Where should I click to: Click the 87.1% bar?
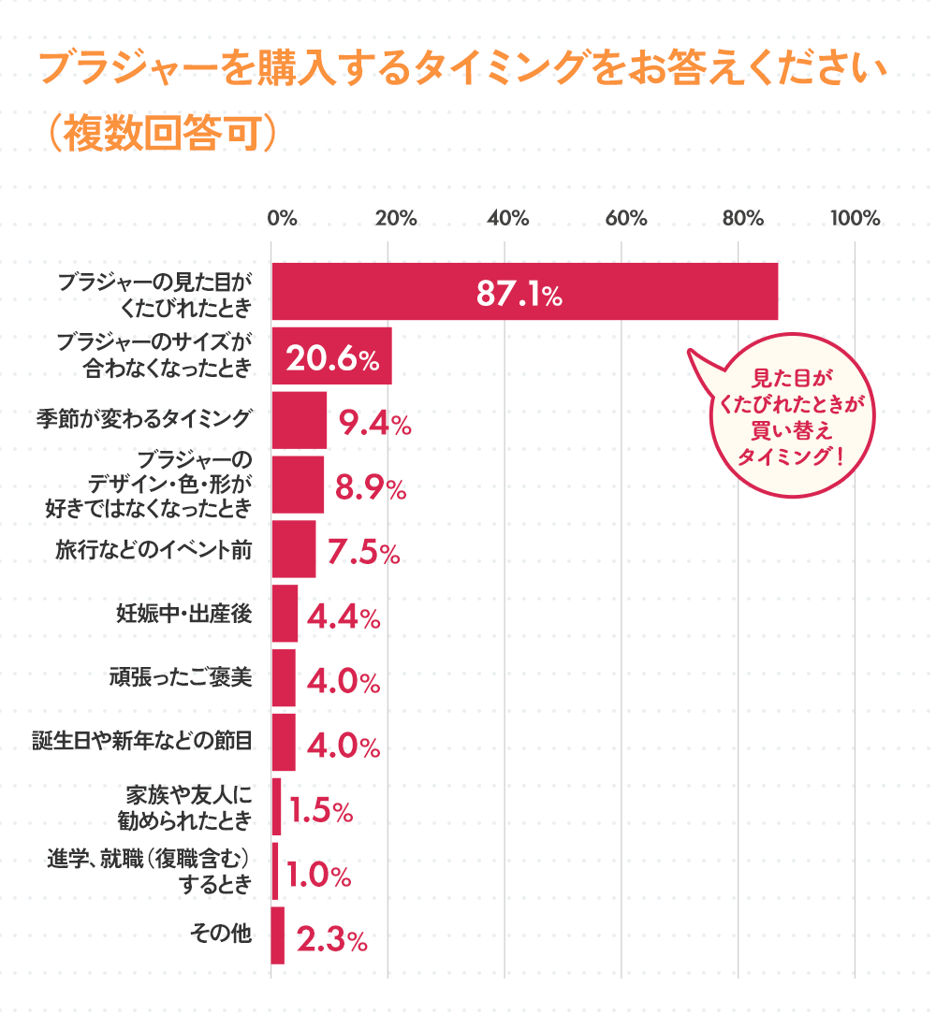[x=524, y=292]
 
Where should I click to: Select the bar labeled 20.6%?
[x=331, y=356]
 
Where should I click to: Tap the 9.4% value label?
[x=374, y=425]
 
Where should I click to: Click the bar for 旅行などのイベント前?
[x=293, y=549]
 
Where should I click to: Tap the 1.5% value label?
[x=320, y=810]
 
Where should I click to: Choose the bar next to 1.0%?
[x=274, y=871]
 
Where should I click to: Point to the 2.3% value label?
[x=331, y=939]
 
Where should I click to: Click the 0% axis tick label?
[x=282, y=219]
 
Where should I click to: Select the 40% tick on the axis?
[x=508, y=219]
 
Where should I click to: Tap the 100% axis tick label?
[x=856, y=219]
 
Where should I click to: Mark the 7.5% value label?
[x=365, y=553]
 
